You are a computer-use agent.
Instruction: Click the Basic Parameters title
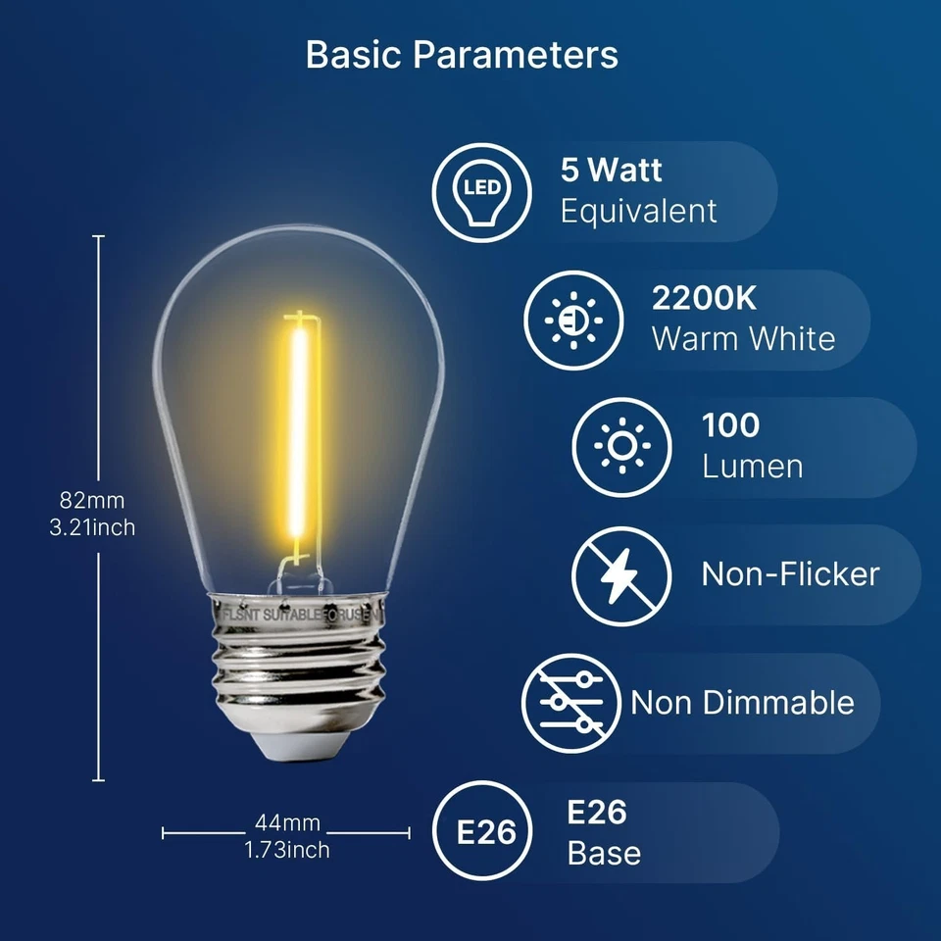click(462, 55)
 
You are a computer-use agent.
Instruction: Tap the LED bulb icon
click(482, 192)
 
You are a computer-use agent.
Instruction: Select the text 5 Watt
click(611, 171)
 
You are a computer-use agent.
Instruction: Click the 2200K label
click(704, 299)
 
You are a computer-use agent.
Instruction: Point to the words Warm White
click(743, 339)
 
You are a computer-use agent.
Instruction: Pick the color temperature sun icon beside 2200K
click(574, 321)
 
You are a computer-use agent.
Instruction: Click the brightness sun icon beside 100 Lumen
click(621, 447)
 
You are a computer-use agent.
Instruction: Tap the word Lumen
click(752, 467)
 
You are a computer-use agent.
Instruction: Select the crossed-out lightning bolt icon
click(621, 575)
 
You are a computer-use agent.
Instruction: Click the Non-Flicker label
click(790, 574)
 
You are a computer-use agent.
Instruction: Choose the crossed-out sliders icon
click(570, 703)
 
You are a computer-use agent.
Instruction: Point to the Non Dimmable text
click(742, 703)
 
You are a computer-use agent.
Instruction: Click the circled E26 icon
click(485, 832)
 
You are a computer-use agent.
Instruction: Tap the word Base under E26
click(604, 853)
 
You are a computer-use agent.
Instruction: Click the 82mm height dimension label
click(92, 501)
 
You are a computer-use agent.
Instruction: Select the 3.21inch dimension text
click(92, 527)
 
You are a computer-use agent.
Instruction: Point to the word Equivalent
click(638, 211)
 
